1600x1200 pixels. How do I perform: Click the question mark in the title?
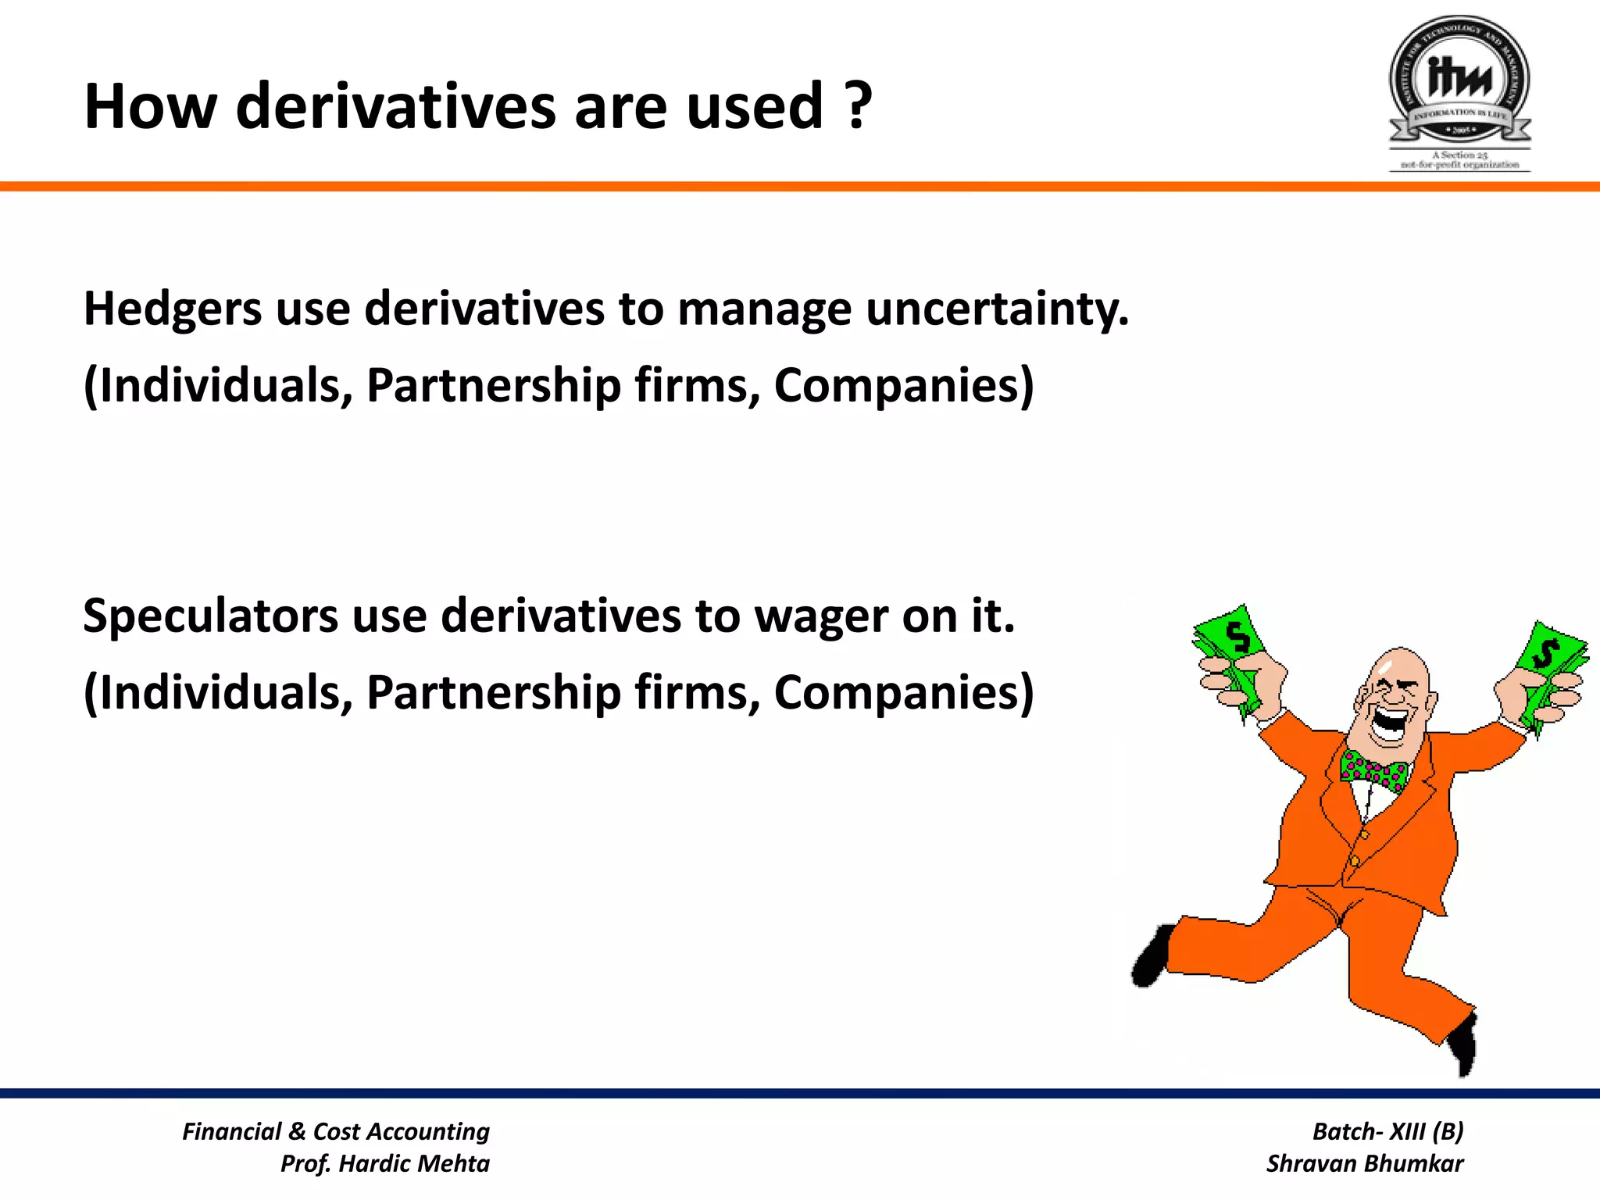(x=858, y=107)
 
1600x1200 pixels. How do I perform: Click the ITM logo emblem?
(x=1459, y=82)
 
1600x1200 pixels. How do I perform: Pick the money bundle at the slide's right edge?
(x=1551, y=664)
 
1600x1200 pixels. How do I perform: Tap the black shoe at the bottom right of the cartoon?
(x=1464, y=1043)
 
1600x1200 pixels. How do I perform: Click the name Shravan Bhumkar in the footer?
(x=1364, y=1163)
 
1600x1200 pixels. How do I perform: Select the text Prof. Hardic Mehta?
(x=384, y=1163)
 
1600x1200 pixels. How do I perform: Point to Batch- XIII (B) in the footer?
(x=1387, y=1131)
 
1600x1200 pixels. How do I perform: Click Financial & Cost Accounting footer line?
(x=336, y=1131)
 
